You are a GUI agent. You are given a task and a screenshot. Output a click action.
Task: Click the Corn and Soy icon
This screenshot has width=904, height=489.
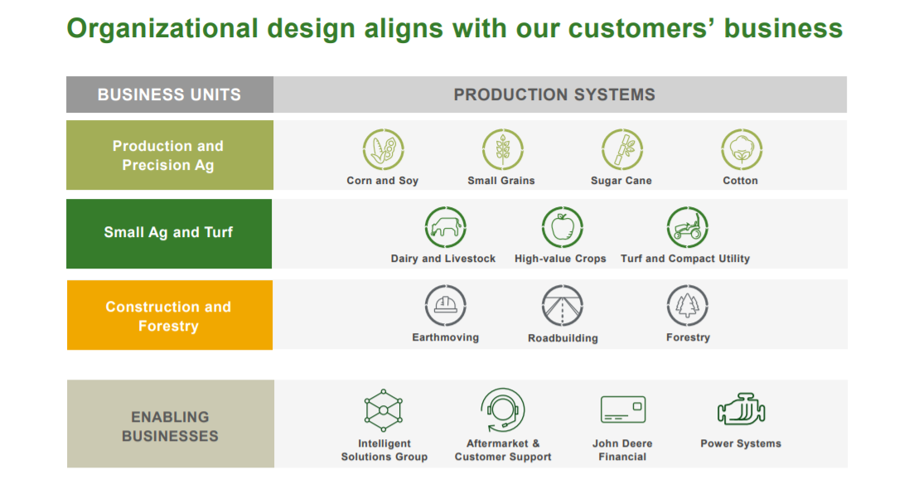[384, 149]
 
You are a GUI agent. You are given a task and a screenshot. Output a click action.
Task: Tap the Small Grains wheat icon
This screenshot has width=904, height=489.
[503, 149]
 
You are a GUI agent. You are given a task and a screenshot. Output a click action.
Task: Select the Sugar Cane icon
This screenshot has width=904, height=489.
[622, 149]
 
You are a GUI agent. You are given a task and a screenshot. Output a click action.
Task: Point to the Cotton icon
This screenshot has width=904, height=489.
[742, 149]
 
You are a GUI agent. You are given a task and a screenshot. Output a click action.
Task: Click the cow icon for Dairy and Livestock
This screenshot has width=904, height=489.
[445, 227]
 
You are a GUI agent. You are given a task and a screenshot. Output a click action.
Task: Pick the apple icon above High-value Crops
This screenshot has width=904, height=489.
[562, 227]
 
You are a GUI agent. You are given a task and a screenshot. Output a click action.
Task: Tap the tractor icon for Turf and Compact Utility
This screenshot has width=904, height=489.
[687, 227]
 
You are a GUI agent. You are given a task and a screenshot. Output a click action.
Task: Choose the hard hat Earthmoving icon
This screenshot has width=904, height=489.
[445, 306]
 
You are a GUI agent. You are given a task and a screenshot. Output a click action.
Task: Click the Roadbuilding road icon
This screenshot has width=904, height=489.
[562, 306]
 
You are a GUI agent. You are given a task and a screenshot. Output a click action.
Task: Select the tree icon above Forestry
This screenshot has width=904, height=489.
[687, 306]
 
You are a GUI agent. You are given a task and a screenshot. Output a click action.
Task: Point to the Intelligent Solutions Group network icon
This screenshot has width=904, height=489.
[384, 410]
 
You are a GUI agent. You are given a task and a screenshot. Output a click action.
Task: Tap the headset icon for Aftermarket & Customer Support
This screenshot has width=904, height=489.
[503, 410]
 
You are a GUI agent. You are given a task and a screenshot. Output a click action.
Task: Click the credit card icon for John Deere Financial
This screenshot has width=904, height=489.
[622, 409]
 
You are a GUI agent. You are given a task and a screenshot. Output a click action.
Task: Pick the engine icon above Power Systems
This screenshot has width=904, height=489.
[742, 409]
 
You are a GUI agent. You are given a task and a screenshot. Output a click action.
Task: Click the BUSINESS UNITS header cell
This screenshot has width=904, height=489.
[170, 94]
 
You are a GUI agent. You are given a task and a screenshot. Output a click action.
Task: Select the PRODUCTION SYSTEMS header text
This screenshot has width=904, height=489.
[554, 94]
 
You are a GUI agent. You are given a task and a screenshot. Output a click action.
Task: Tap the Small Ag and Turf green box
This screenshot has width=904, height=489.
[169, 234]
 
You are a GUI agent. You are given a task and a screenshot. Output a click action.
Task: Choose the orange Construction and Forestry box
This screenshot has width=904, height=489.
[170, 315]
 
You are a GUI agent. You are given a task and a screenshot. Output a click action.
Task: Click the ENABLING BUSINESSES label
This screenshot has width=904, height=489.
[170, 426]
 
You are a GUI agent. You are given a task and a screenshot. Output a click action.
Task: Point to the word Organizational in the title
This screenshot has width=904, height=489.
[162, 29]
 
